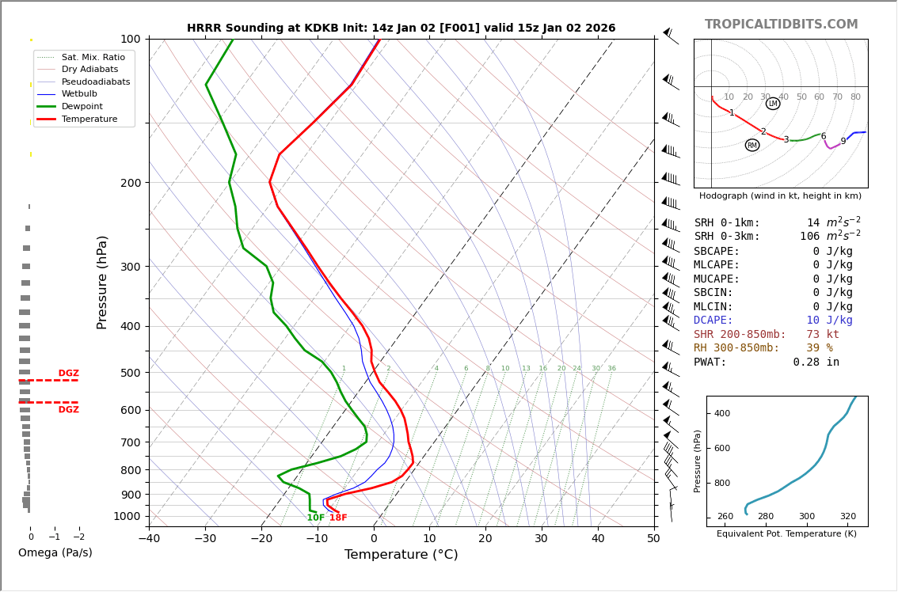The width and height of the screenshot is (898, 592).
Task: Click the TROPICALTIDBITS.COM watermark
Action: pos(781,25)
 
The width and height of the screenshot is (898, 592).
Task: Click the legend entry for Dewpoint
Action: pos(82,107)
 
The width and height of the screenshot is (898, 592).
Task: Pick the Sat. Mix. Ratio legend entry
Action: pos(93,57)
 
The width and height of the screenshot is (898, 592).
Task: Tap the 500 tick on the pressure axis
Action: pos(130,373)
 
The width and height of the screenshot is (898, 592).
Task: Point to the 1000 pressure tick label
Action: pos(127,516)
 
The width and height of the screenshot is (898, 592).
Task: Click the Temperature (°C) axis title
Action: pos(401,556)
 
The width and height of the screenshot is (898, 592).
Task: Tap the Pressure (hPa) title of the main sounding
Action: pos(102,282)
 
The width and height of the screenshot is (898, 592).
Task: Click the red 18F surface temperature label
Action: pos(338,518)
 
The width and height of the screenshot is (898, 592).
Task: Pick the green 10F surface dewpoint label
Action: pos(315,518)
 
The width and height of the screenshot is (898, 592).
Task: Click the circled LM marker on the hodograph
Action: pos(773,104)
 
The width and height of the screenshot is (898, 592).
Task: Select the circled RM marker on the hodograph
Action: pos(752,145)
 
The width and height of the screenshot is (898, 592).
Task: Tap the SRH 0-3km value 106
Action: pos(809,237)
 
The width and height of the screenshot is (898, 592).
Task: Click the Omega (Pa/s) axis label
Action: pos(55,553)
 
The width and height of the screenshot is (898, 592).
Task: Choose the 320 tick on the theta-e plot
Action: pos(847,517)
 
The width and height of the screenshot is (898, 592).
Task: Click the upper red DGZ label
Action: pos(68,374)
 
